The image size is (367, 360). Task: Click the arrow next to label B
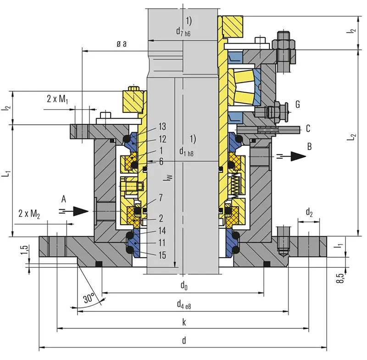(x=298, y=156)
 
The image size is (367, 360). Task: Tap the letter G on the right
(x=297, y=105)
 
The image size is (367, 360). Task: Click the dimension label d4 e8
(x=183, y=304)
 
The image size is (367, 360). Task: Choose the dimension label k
(x=183, y=322)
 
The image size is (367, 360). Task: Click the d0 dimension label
(x=183, y=286)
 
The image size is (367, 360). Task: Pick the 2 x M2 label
(x=29, y=213)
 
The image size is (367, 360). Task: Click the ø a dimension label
(x=121, y=44)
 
